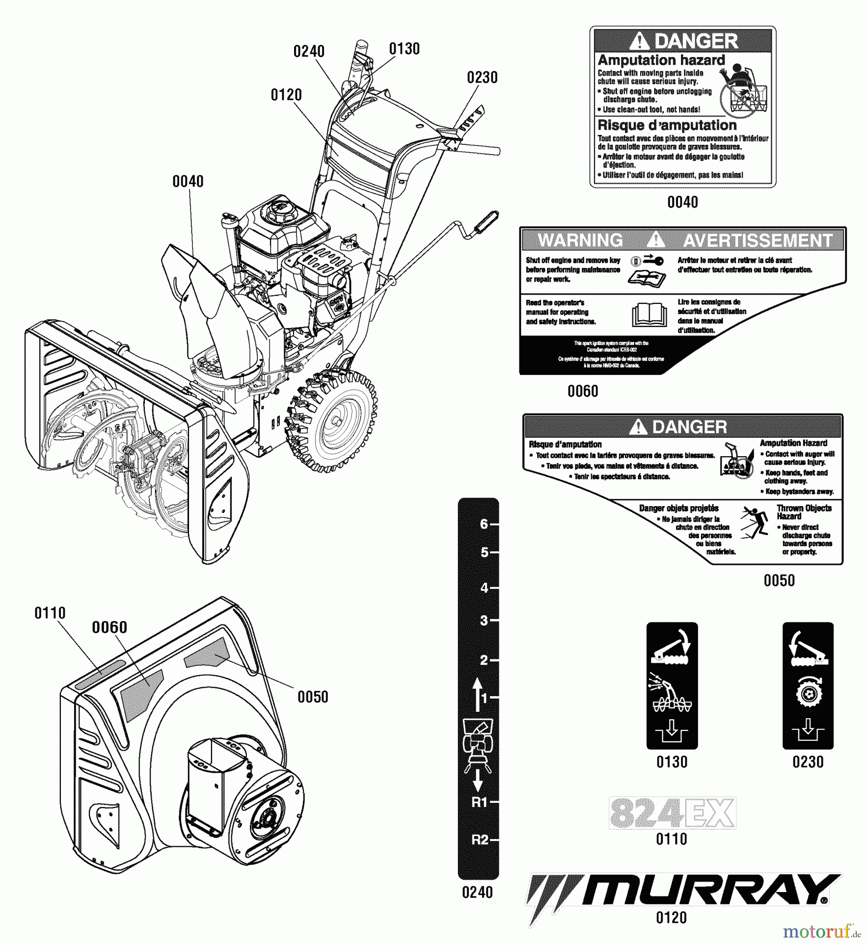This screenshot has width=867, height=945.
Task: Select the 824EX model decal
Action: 672,813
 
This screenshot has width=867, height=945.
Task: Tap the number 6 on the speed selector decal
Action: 484,524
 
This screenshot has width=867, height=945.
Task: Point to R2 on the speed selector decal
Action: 479,839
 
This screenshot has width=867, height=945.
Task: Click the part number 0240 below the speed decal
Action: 477,892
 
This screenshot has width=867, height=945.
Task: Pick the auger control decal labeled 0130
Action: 672,685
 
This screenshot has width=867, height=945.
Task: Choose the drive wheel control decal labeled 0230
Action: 808,685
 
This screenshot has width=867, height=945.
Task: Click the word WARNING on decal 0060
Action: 580,240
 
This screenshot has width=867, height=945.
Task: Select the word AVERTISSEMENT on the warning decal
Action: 757,240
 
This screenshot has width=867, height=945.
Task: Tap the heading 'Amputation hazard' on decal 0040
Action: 661,60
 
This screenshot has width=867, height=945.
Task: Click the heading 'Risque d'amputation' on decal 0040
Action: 667,125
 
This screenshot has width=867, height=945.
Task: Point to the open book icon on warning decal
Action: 649,314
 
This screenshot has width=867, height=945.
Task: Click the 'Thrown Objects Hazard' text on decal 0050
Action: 803,512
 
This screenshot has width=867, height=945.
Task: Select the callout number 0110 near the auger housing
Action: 50,613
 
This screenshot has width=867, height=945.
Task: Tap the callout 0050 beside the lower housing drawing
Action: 312,697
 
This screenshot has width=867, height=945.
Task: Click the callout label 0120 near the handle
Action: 286,95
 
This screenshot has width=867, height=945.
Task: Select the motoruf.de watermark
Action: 821,932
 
